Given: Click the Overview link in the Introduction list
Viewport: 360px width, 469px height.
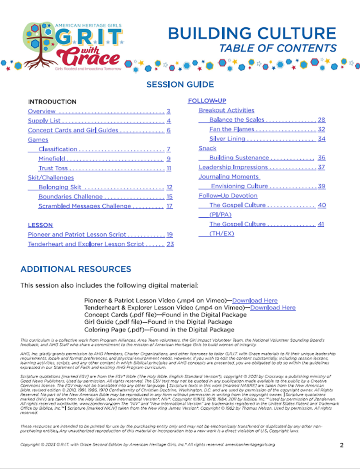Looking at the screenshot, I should pyautogui.click(x=41, y=111).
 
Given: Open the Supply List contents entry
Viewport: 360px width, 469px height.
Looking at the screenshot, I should pyautogui.click(x=44, y=121).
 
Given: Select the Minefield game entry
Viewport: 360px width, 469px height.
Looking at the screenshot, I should pyautogui.click(x=52, y=159).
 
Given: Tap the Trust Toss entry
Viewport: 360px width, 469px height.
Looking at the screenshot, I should pyautogui.click(x=53, y=168).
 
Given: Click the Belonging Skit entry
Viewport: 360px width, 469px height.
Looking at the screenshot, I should pyautogui.click(x=60, y=187).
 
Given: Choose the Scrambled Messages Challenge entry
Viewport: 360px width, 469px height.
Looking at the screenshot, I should pyautogui.click(x=85, y=206).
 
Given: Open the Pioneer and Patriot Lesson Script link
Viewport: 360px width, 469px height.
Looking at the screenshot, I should pyautogui.click(x=77, y=234).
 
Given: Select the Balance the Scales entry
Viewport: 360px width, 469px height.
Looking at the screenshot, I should pyautogui.click(x=237, y=120).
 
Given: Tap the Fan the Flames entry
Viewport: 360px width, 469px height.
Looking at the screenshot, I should pyautogui.click(x=232, y=129).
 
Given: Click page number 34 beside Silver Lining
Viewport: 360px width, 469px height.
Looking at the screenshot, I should pyautogui.click(x=321, y=139).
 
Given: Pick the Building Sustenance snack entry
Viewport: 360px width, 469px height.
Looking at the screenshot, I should pyautogui.click(x=239, y=158).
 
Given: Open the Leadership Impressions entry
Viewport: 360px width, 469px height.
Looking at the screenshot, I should pyautogui.click(x=233, y=167).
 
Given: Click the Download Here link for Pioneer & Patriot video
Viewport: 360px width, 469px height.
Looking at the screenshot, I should pyautogui.click(x=255, y=301).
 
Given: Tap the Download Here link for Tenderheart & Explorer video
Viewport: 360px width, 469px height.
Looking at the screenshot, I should pyautogui.click(x=273, y=308).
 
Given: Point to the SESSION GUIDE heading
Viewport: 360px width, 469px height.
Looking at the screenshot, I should pyautogui.click(x=180, y=84).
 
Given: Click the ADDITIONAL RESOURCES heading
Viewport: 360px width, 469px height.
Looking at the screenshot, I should pyautogui.click(x=76, y=269).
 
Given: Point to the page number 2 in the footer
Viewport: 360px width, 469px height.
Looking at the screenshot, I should pyautogui.click(x=342, y=445).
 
